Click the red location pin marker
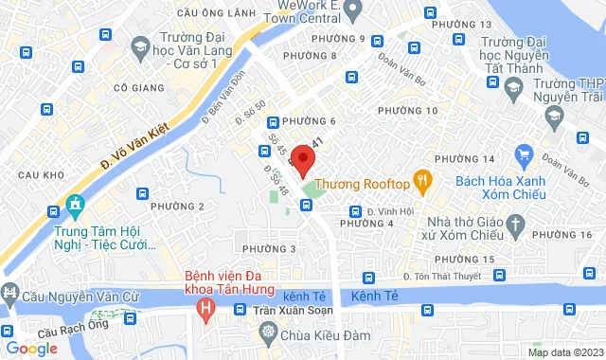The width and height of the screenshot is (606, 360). (302, 160)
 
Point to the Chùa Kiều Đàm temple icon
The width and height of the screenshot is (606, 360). (269, 333)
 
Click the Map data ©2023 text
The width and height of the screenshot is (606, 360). (563, 352)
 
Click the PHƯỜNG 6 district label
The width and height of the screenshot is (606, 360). (310, 121)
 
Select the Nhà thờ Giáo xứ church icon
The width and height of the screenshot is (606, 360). (515, 225)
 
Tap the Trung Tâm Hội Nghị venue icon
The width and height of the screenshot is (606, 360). (74, 206)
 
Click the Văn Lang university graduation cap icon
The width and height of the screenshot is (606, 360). (140, 46)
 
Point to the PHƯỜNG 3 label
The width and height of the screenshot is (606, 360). (269, 248)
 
